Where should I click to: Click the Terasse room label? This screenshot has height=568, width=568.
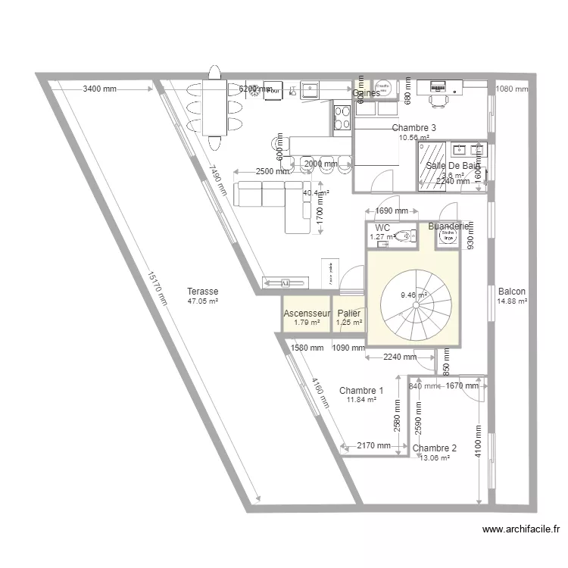point(203,291)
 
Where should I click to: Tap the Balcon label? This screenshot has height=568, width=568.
point(512,291)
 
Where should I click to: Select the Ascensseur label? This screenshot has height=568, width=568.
point(307,314)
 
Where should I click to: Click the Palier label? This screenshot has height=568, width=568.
point(349,314)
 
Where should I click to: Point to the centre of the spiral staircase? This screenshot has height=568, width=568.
point(413,296)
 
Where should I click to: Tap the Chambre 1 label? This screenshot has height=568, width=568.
point(360,391)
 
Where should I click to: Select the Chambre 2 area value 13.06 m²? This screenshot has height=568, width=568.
point(434,458)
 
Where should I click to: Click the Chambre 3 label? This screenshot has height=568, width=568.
point(414,128)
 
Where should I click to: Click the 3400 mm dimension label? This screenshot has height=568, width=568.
point(99,89)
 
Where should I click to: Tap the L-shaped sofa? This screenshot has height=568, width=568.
point(273,201)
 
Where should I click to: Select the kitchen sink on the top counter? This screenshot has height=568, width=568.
point(311,90)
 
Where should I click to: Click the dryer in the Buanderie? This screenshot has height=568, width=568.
point(448,237)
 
